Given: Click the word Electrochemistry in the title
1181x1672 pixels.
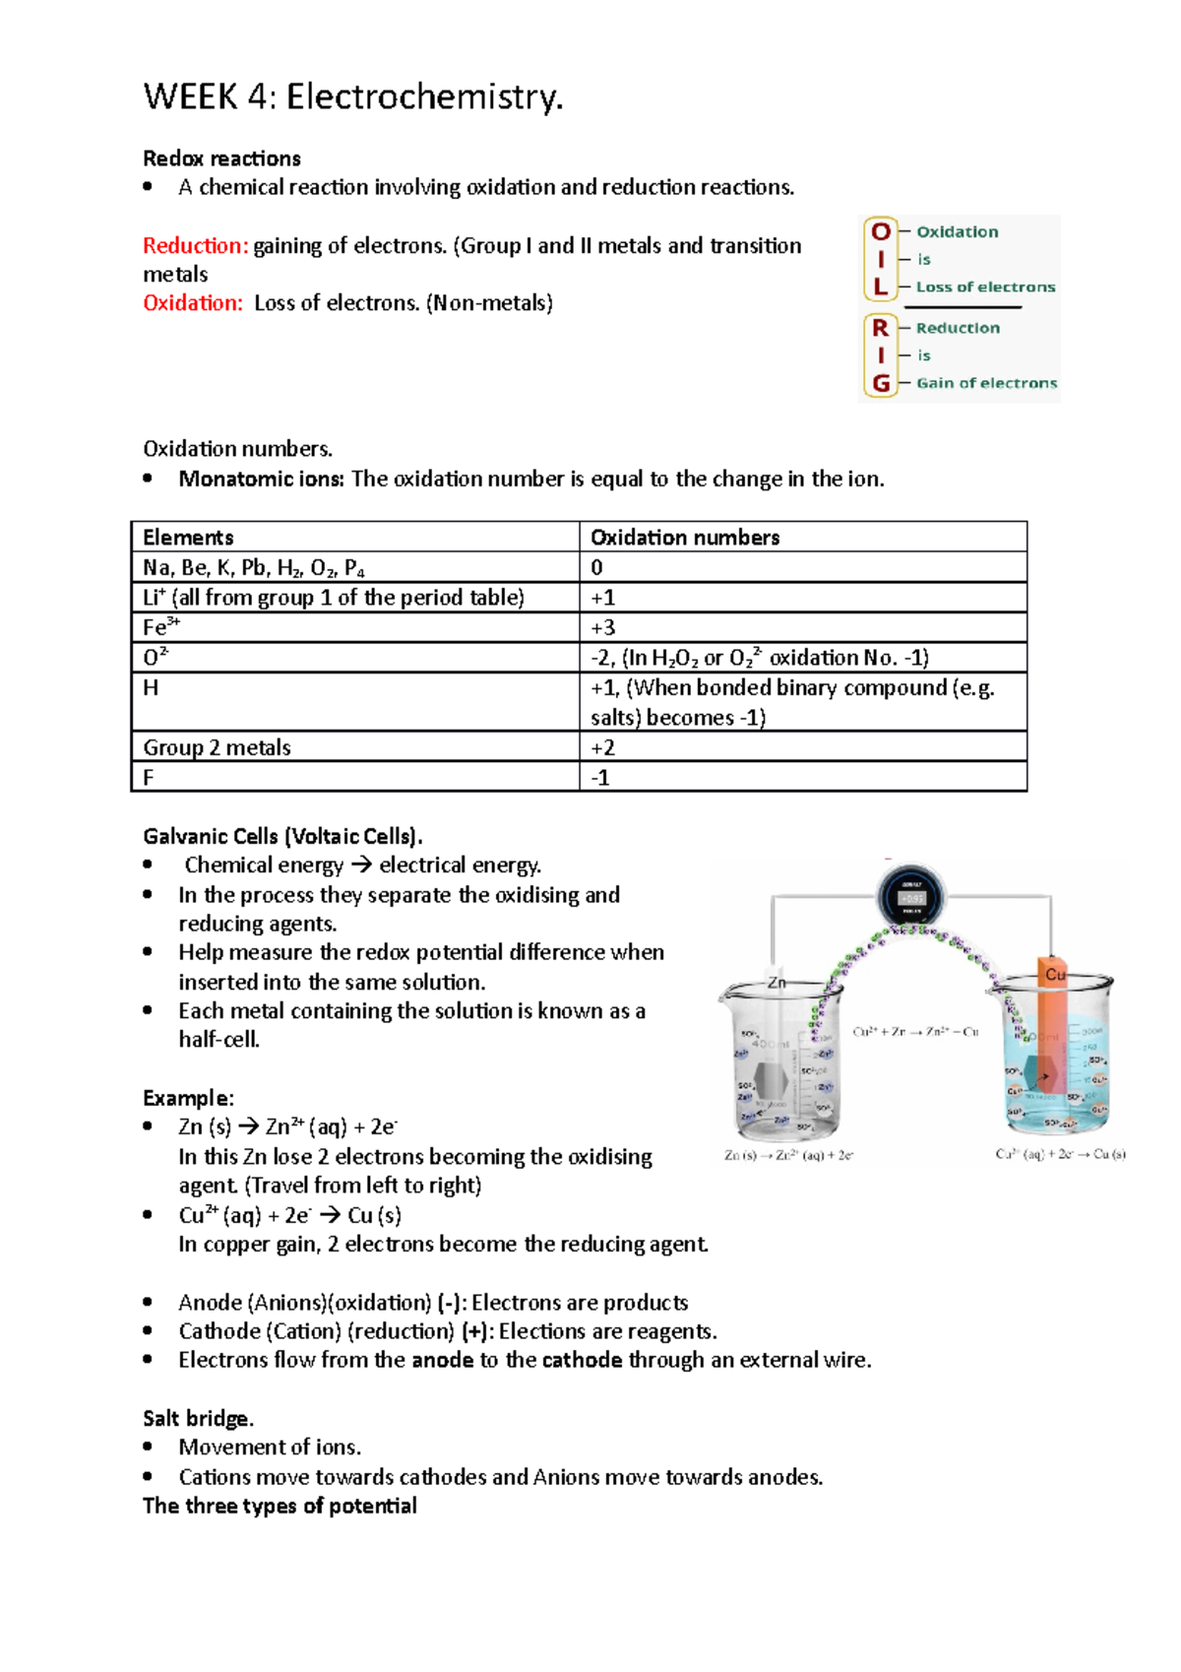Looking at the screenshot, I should tap(424, 97).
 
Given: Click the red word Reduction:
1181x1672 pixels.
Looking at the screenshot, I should tap(195, 246).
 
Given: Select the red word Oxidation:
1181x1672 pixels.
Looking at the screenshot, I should tap(192, 303).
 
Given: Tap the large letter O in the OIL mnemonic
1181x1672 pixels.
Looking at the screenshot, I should tap(881, 231).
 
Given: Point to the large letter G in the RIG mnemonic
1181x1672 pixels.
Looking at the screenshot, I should tap(881, 383).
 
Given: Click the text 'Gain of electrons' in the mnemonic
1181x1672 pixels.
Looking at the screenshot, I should tap(986, 383).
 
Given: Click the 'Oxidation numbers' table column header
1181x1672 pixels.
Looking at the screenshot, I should tap(685, 538).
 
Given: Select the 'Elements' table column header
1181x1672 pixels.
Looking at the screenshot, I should tap(188, 538).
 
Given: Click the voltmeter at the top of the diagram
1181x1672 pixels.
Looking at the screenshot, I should tap(911, 897).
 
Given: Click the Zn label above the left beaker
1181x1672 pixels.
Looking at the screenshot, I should tap(777, 982).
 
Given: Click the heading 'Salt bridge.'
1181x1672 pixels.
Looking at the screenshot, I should tap(198, 1419).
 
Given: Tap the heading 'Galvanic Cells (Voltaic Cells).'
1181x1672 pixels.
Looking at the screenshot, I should tap(282, 837).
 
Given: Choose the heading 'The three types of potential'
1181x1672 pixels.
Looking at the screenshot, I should tap(280, 1507).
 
